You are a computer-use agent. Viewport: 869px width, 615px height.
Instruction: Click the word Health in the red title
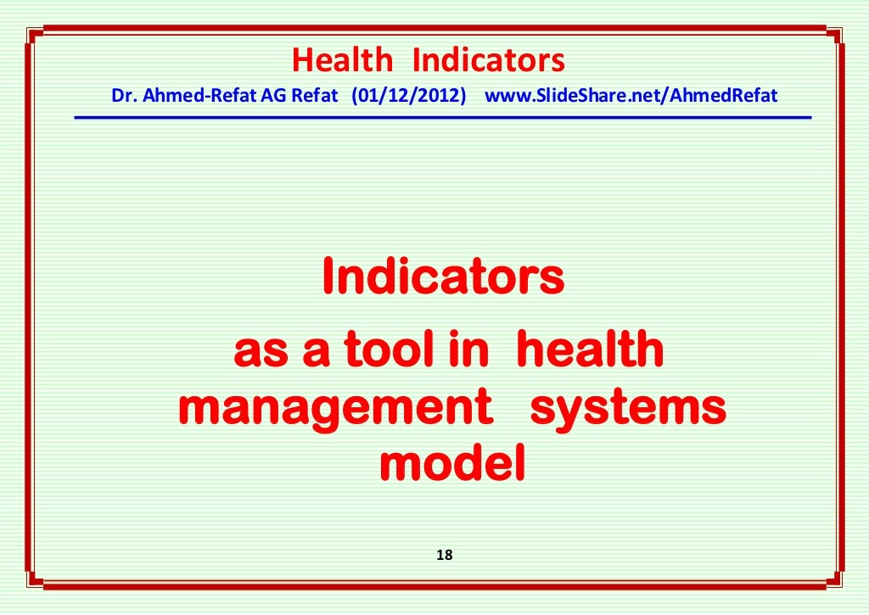(342, 60)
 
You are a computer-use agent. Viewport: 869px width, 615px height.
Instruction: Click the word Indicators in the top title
(488, 60)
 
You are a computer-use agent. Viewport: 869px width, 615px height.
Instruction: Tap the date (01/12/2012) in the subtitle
(409, 96)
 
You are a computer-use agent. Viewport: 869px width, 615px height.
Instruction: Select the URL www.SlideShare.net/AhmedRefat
(631, 96)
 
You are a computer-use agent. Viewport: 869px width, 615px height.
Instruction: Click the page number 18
(444, 556)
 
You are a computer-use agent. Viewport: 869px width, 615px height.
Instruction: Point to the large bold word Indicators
(443, 277)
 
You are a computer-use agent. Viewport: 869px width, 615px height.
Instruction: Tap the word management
(335, 409)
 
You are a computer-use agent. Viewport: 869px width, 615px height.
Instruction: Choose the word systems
(628, 409)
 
